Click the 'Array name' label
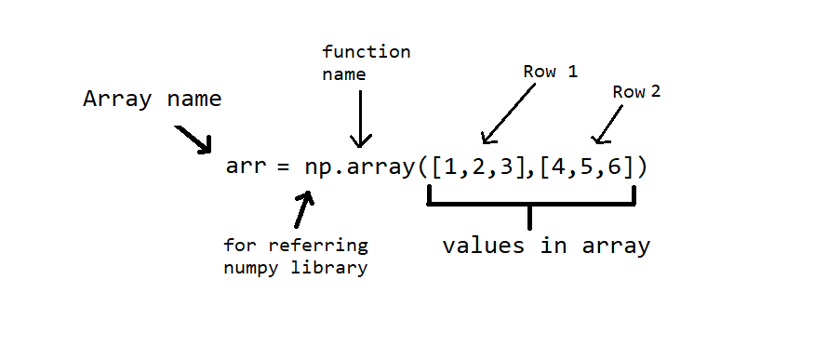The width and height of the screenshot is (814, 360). (x=153, y=100)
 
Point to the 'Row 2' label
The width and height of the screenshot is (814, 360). (x=636, y=92)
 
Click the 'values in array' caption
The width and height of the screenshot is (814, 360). (x=545, y=247)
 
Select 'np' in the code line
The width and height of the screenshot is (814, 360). (x=316, y=169)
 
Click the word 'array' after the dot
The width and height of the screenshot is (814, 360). (x=381, y=168)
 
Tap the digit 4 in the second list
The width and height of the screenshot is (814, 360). (x=552, y=168)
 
